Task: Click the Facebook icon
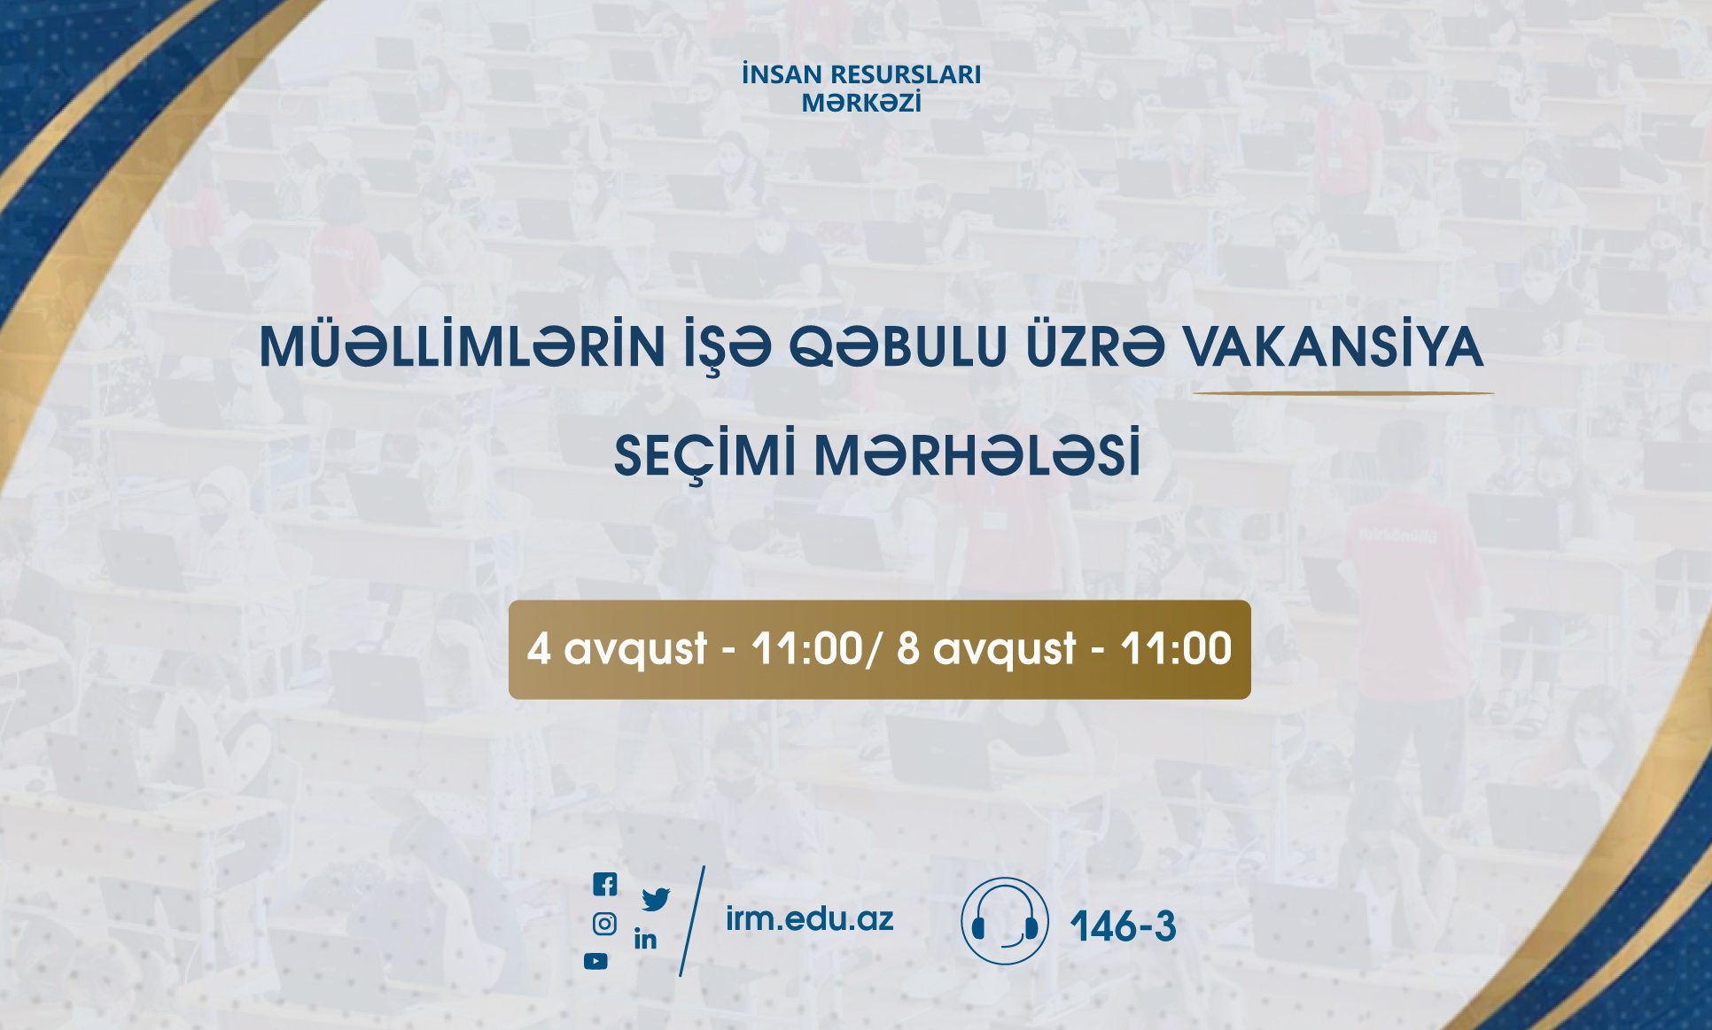click(x=604, y=884)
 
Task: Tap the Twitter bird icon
click(x=656, y=900)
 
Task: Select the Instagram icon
click(x=604, y=925)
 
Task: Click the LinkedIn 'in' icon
click(x=645, y=939)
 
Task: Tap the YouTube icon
click(x=595, y=961)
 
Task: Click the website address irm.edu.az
click(x=809, y=919)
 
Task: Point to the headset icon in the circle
click(x=1005, y=921)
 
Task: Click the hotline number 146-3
click(x=1123, y=926)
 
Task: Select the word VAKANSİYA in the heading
click(x=1334, y=346)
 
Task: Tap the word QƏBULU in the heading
click(x=898, y=346)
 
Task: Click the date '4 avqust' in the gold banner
click(x=617, y=649)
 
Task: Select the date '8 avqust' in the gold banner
click(x=986, y=649)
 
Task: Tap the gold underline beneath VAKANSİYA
click(x=1342, y=392)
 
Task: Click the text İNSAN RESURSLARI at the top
click(x=861, y=74)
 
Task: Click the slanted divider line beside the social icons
click(x=692, y=921)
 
